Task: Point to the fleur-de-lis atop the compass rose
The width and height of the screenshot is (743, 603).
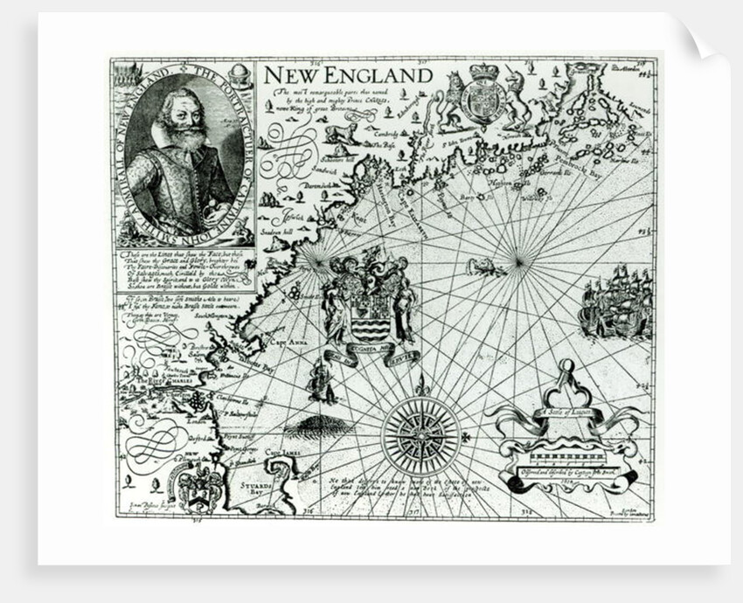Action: pyautogui.click(x=421, y=384)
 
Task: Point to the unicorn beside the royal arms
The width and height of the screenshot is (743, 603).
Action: pyautogui.click(x=514, y=100)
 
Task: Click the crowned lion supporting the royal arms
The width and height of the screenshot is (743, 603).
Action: pyautogui.click(x=451, y=99)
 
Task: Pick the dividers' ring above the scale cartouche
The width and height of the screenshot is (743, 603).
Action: pyautogui.click(x=567, y=365)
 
